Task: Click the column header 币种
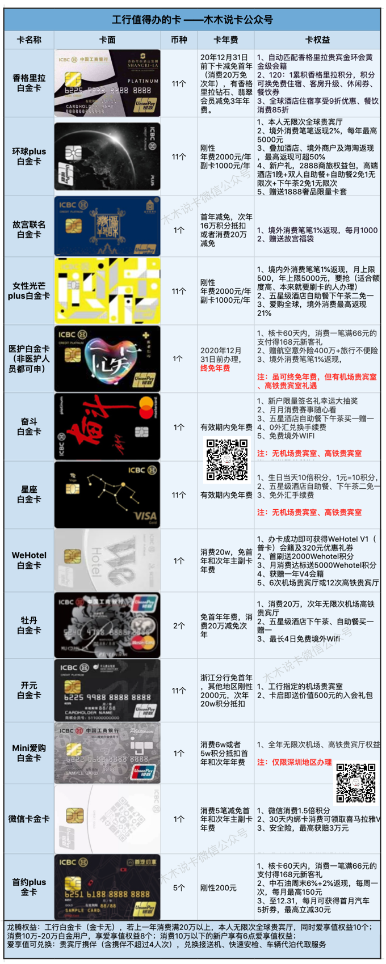click(179, 40)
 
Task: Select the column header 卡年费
click(225, 40)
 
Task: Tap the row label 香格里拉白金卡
click(29, 83)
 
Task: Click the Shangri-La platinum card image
click(107, 83)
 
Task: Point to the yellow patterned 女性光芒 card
click(107, 291)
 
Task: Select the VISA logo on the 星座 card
click(145, 516)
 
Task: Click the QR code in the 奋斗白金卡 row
click(226, 459)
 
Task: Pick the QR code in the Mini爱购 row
click(356, 783)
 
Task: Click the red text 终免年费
click(215, 368)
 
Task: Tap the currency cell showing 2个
click(179, 625)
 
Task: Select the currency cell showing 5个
click(179, 887)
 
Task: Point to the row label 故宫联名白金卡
click(29, 229)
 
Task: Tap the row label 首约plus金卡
click(29, 887)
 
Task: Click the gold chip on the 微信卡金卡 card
click(75, 815)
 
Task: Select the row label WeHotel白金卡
click(29, 560)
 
